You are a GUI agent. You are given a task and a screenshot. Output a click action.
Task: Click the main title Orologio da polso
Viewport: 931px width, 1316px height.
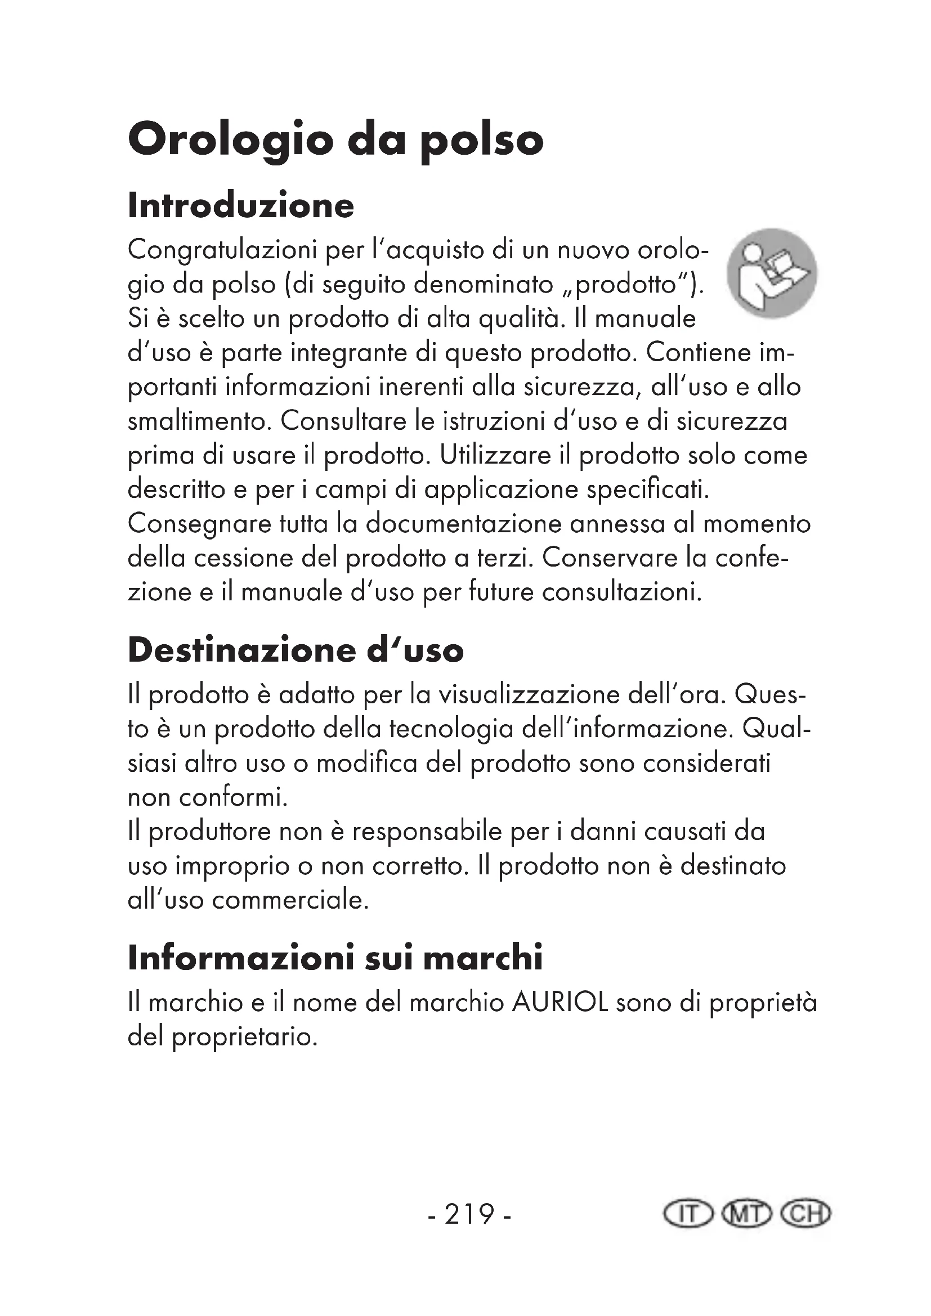pyautogui.click(x=335, y=141)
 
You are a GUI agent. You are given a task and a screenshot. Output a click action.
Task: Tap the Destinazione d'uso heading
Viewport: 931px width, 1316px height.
pyautogui.click(x=296, y=650)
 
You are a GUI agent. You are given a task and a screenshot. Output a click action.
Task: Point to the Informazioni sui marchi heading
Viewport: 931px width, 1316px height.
pyautogui.click(x=335, y=958)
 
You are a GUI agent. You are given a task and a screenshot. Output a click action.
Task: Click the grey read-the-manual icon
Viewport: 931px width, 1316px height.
pyautogui.click(x=772, y=273)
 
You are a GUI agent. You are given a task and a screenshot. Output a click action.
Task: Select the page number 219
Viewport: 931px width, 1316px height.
pyautogui.click(x=469, y=1214)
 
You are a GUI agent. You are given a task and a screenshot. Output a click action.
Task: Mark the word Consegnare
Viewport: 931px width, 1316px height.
pyautogui.click(x=199, y=524)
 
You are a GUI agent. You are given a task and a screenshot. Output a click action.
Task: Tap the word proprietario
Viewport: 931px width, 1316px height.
pyautogui.click(x=244, y=1037)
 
